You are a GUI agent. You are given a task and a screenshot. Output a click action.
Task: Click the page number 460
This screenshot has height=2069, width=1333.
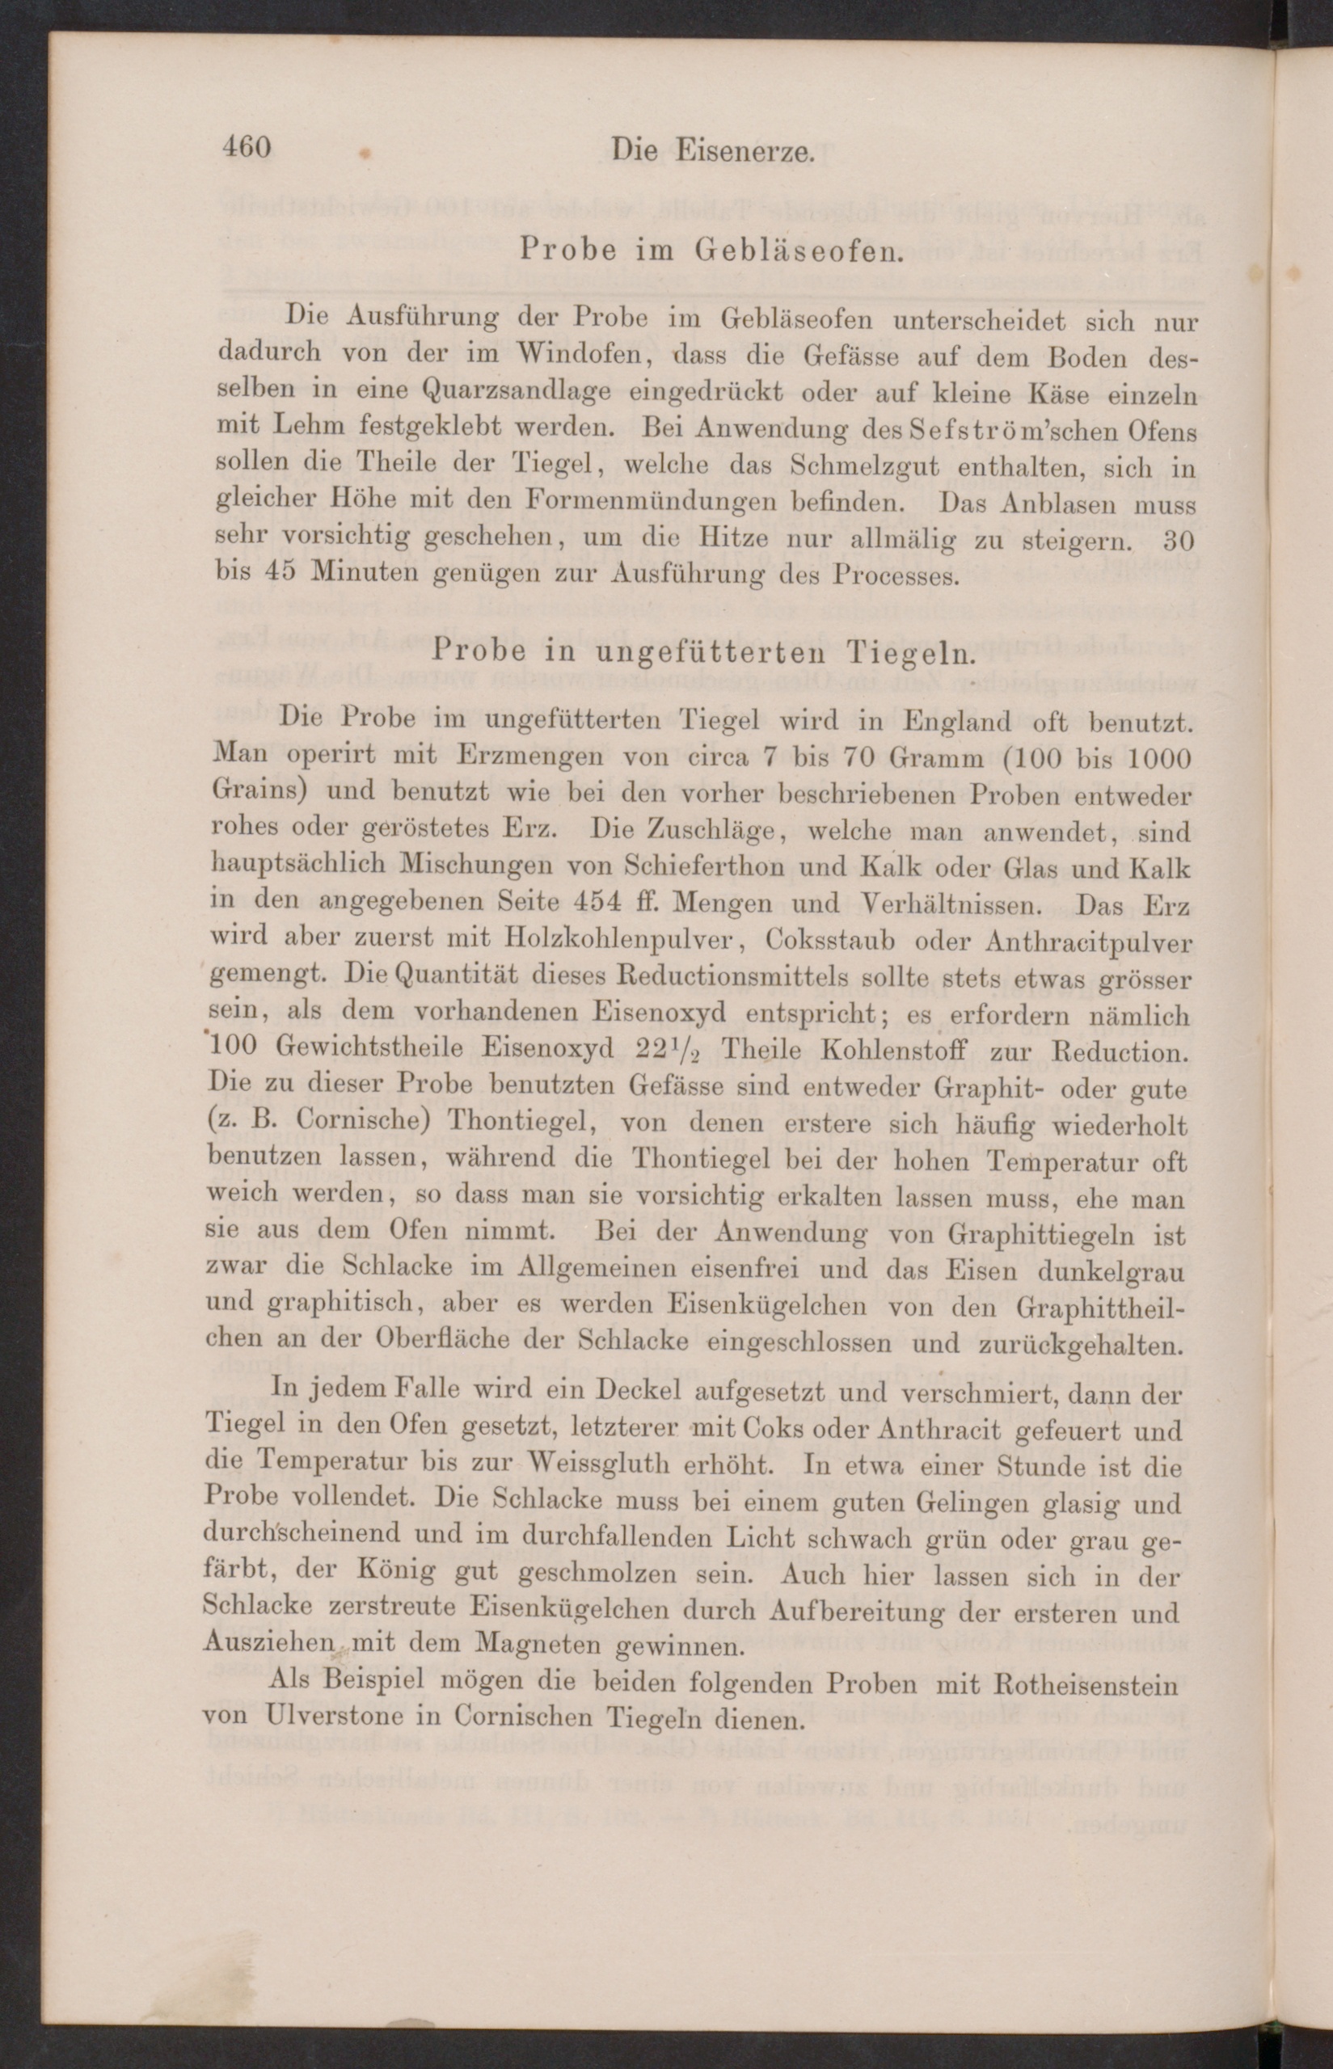(247, 147)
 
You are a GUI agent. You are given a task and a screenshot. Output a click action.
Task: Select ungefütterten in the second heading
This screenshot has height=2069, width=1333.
(690, 651)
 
